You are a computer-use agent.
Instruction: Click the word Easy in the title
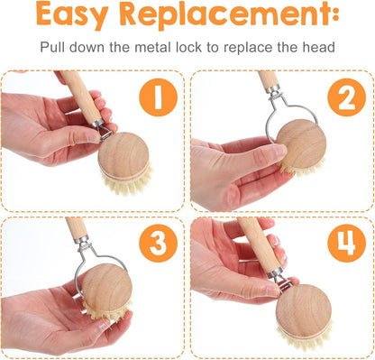tap(72, 14)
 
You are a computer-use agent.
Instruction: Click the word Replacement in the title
tap(224, 15)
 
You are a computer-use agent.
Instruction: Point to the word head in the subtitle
tap(318, 47)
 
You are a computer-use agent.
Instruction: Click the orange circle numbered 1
tap(159, 97)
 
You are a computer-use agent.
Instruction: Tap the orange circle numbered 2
tap(346, 97)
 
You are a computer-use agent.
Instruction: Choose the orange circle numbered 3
tap(159, 243)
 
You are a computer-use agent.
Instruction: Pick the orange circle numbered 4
tap(346, 243)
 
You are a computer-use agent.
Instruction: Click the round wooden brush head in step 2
tap(301, 143)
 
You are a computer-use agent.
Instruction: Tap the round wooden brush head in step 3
tap(107, 288)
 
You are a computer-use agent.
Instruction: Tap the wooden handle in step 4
tap(260, 245)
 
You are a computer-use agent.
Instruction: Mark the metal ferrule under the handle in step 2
tap(273, 89)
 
